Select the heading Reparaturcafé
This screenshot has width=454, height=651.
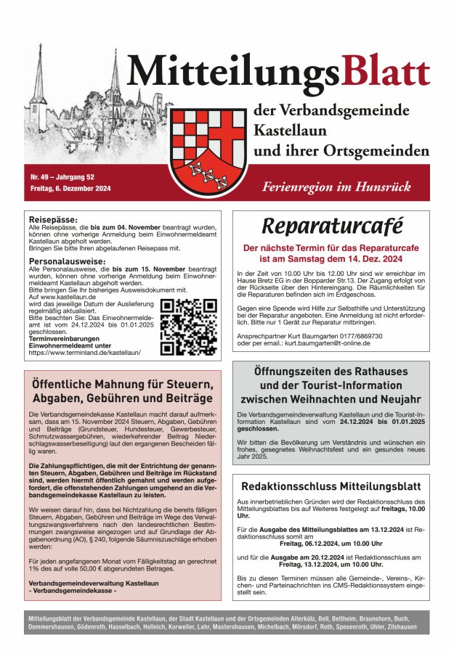331,227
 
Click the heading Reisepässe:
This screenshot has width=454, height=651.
53,218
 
